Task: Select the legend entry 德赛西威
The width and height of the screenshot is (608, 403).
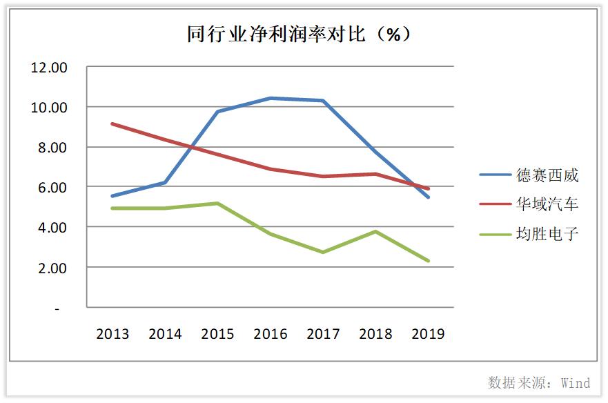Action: click(x=547, y=175)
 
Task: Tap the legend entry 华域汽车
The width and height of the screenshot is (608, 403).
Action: click(x=547, y=204)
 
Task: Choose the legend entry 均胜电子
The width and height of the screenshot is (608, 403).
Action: click(x=547, y=234)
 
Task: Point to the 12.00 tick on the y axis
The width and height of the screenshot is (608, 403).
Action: click(x=49, y=68)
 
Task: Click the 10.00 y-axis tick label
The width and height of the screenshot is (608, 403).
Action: click(x=49, y=108)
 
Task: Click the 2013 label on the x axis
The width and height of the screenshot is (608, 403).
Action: click(x=112, y=334)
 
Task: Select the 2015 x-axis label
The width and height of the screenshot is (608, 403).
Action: click(x=217, y=334)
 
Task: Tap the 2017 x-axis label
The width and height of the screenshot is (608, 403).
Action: click(x=323, y=334)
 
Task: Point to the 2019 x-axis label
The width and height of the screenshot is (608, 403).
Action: click(x=428, y=334)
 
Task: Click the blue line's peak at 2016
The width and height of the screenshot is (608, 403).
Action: click(x=271, y=98)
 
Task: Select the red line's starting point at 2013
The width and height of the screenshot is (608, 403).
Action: click(x=112, y=124)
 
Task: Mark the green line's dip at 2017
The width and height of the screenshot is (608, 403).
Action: click(x=323, y=252)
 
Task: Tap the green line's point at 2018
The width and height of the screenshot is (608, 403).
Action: click(x=375, y=231)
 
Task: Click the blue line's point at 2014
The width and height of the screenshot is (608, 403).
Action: click(x=165, y=182)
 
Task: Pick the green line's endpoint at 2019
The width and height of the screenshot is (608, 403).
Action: click(x=428, y=261)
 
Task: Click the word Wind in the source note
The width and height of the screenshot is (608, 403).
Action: click(x=576, y=383)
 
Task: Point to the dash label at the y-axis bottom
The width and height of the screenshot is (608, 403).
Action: click(x=57, y=308)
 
